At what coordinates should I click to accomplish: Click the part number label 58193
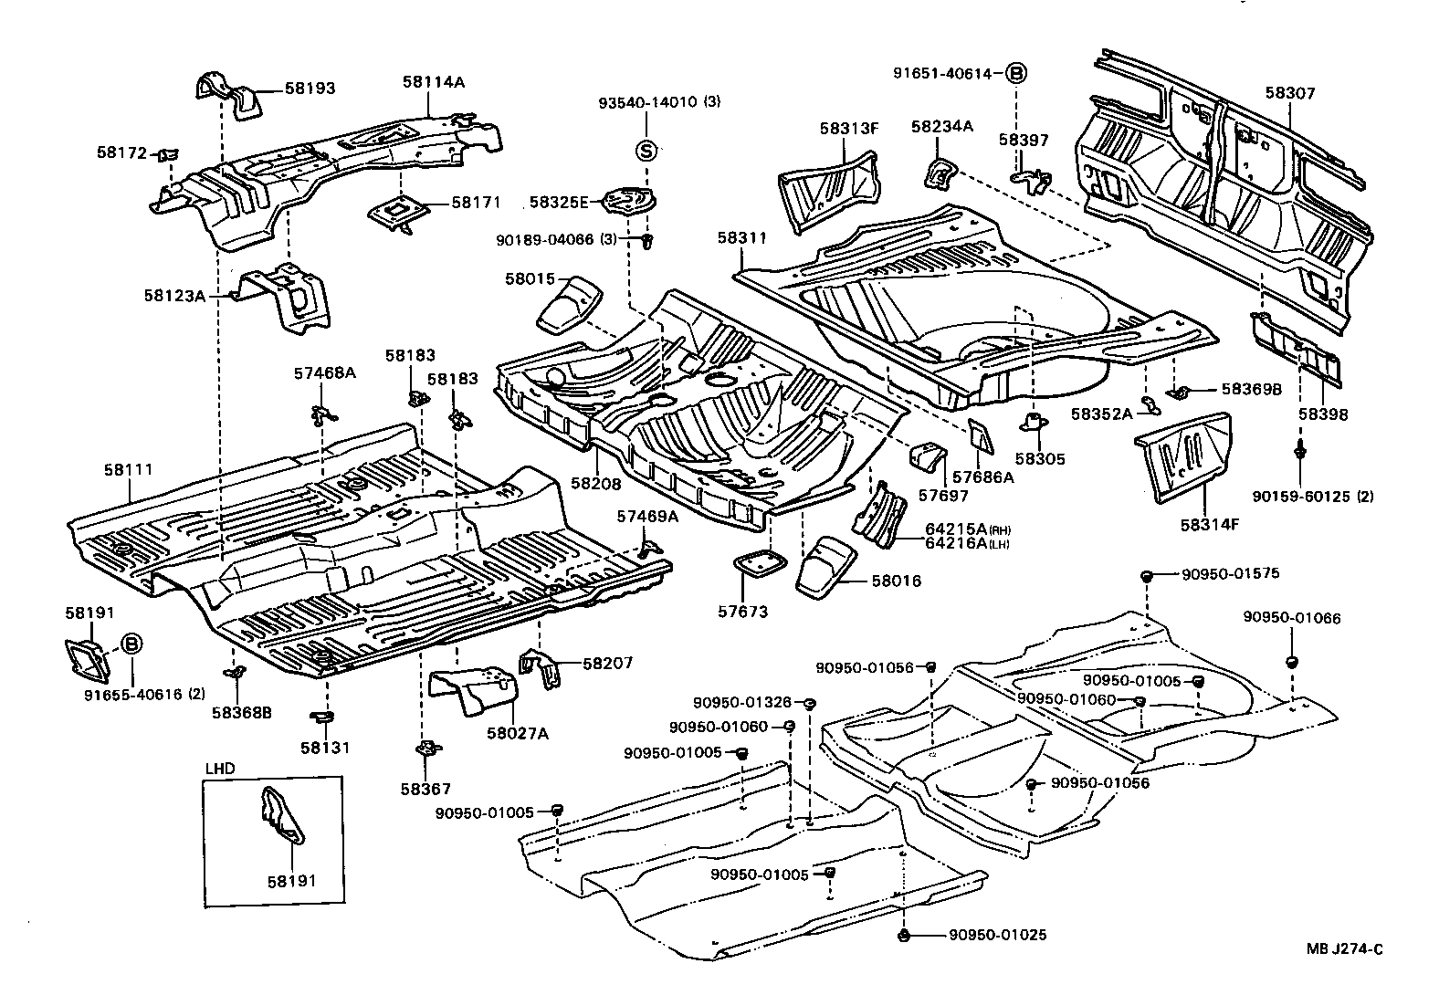coord(310,89)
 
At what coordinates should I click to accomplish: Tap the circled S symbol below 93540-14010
coord(646,150)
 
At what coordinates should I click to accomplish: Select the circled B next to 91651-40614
coord(1016,74)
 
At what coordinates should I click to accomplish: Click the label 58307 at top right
coord(1289,92)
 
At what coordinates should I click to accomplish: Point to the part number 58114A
coord(433,82)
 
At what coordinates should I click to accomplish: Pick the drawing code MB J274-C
coord(1343,949)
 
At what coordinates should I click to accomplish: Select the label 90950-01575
coord(1230,574)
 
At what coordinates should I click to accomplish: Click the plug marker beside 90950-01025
coord(903,936)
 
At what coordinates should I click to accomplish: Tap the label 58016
coord(896,581)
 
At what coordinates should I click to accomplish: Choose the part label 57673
coord(742,612)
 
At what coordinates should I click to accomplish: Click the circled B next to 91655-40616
coord(131,644)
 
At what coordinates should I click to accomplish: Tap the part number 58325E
coord(560,202)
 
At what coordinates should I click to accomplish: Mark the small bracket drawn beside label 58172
coord(168,154)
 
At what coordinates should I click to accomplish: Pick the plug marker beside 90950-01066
coord(1291,660)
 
